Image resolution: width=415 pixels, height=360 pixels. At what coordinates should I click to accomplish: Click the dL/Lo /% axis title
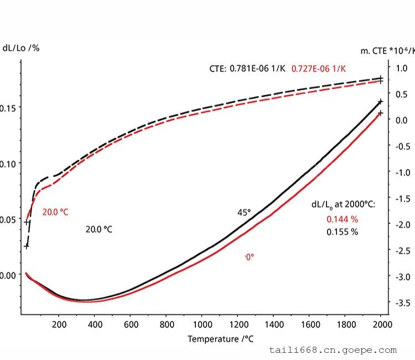21,48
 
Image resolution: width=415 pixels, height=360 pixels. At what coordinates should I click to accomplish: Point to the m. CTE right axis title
388,51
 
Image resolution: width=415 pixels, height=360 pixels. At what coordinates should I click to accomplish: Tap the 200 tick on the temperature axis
59,324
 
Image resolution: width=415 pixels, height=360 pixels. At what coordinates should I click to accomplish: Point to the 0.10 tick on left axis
8,163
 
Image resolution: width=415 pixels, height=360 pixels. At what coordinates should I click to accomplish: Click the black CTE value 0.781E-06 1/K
258,69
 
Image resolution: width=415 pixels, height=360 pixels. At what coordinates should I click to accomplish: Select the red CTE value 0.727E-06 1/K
319,69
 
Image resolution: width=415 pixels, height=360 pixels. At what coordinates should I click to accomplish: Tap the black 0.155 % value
341,232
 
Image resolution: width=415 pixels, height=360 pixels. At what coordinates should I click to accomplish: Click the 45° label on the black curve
244,212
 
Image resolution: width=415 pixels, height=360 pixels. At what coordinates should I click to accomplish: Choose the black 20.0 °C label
98,229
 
